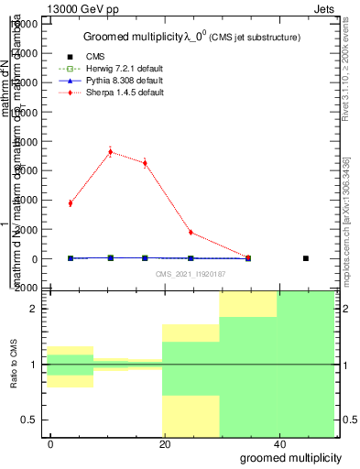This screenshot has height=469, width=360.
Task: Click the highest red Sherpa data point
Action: pyautogui.click(x=110, y=152)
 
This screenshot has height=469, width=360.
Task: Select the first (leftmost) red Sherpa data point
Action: pyautogui.click(x=71, y=202)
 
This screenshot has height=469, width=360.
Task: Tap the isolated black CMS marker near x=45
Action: pyautogui.click(x=305, y=258)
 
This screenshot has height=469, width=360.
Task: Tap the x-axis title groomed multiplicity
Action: pyautogui.click(x=292, y=457)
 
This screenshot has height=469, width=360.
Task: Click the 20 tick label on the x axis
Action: pyautogui.click(x=165, y=442)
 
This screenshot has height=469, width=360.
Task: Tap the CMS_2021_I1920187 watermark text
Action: pyautogui.click(x=190, y=274)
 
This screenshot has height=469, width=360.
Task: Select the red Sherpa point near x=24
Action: pyautogui.click(x=190, y=233)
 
